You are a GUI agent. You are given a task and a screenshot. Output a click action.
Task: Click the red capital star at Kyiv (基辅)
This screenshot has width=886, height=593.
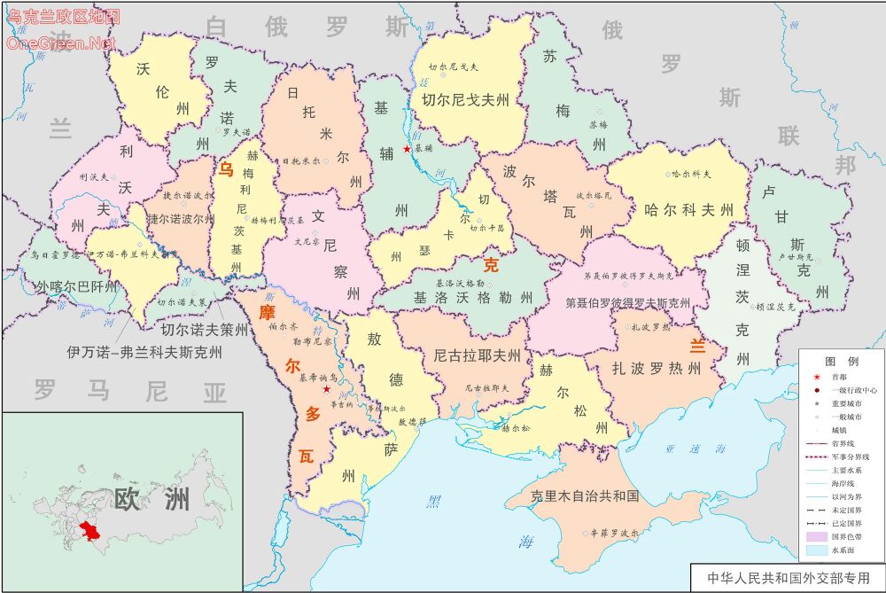[407, 149]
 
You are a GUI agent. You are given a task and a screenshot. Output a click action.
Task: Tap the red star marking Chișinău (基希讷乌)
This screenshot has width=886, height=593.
[327, 389]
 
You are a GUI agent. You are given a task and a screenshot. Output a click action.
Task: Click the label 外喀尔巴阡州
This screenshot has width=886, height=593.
[76, 287]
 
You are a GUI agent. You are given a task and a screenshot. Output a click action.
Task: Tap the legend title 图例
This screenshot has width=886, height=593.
[841, 362]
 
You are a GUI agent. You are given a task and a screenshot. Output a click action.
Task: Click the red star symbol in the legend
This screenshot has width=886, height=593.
[816, 377]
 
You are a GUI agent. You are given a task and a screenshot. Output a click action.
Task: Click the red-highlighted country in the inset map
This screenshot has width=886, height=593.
[89, 534]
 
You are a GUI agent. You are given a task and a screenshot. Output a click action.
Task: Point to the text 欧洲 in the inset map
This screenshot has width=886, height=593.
[152, 498]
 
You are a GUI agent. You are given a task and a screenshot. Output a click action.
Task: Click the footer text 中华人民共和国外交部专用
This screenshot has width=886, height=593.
[789, 578]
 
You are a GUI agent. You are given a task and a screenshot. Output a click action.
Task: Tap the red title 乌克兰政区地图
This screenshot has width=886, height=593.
[63, 16]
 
